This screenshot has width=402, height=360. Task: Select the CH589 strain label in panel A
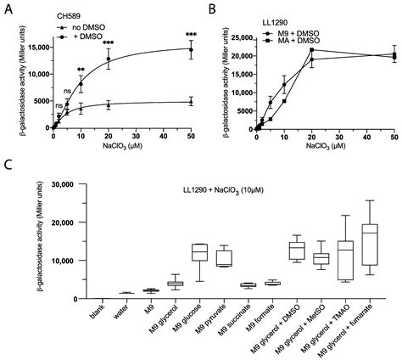pos(70,14)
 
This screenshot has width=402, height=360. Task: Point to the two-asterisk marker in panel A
pos(81,70)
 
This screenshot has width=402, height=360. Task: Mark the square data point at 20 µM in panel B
pos(312,50)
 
